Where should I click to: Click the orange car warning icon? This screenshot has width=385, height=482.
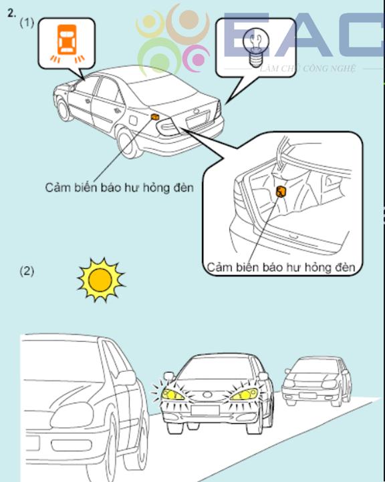point(67,43)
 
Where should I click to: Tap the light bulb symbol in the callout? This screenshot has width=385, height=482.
point(256,47)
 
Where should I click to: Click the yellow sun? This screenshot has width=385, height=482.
point(100,280)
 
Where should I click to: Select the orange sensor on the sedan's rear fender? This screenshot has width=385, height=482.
point(155,117)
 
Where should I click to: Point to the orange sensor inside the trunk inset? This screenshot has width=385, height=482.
point(281,191)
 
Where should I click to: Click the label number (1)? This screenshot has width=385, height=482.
point(27,23)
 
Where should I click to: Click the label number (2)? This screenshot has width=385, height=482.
point(27,271)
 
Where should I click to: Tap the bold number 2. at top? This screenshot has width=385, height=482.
point(11,13)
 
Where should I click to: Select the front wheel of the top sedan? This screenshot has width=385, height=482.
point(63,109)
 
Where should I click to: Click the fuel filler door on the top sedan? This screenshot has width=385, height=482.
point(133,120)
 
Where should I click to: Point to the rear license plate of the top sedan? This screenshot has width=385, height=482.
point(197,119)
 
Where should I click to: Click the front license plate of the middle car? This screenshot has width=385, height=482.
point(205,410)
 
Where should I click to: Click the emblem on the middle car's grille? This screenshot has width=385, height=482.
point(207,395)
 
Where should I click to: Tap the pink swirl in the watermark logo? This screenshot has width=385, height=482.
point(196,58)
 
